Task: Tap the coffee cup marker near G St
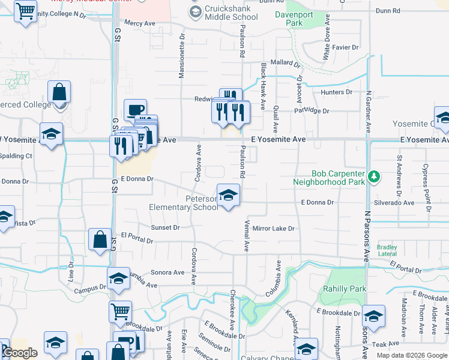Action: [x=135, y=110]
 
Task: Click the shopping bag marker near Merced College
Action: [x=59, y=94]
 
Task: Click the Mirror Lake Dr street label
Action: [x=274, y=229]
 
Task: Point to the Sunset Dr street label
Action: [x=165, y=228]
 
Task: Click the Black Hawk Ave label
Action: [x=262, y=86]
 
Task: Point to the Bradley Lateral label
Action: [x=387, y=250]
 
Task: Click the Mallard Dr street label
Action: [x=285, y=62]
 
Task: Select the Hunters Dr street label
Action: [x=336, y=92]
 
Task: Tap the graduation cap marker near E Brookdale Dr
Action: [x=373, y=317]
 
